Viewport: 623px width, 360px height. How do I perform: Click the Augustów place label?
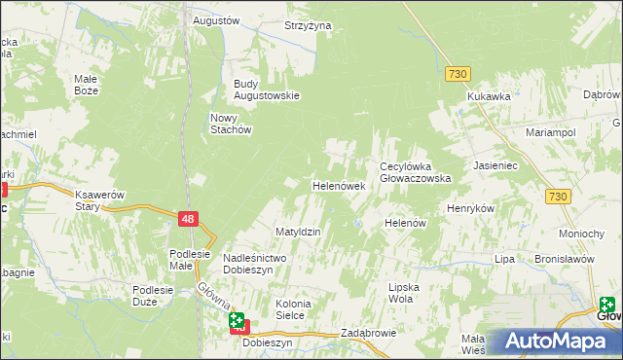click(216, 19)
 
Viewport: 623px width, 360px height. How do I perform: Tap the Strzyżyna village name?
click(308, 25)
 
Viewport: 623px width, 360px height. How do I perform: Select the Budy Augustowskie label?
click(266, 90)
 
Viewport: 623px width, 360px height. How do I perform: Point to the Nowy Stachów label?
click(232, 124)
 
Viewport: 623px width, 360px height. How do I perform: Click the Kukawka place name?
click(489, 96)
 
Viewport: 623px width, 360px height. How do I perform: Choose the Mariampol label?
click(551, 131)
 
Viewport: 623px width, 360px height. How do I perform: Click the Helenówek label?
click(338, 185)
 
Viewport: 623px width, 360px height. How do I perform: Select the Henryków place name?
click(471, 209)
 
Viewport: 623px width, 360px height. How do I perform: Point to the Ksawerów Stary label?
click(101, 199)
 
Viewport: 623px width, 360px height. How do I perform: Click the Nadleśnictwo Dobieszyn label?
click(253, 263)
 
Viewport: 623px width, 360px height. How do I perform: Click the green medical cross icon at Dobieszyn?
click(237, 319)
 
